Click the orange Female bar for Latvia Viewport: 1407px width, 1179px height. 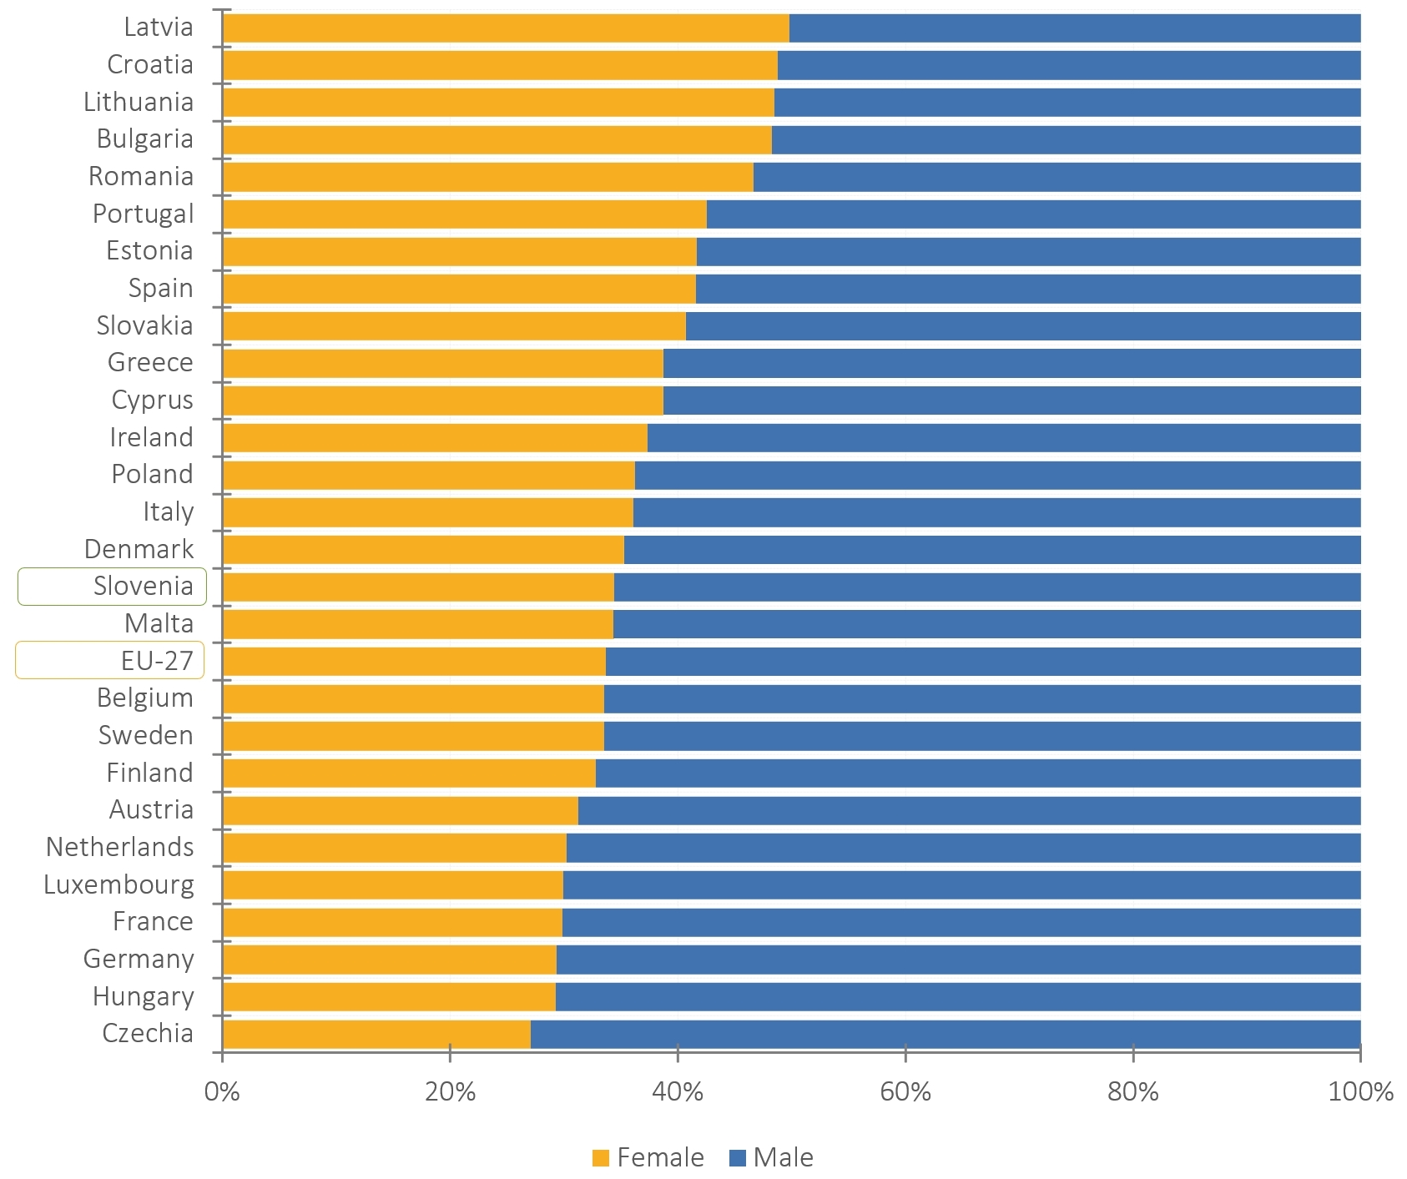(506, 28)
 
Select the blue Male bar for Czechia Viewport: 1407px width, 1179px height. (945, 1035)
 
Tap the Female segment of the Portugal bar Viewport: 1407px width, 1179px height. (464, 214)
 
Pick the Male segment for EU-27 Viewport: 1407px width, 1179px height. (983, 662)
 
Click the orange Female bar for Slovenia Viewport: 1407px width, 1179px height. (418, 587)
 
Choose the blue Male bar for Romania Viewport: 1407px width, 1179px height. (1057, 178)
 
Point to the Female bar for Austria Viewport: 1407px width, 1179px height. (400, 811)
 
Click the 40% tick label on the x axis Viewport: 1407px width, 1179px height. (678, 1091)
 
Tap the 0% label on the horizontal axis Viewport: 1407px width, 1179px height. (222, 1091)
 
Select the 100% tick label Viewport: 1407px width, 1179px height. (1360, 1091)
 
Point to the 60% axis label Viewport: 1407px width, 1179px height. (905, 1091)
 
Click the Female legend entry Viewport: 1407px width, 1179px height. (648, 1157)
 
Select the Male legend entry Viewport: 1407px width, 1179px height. (771, 1157)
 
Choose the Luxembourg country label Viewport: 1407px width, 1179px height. (119, 884)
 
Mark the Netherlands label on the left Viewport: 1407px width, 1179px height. (119, 847)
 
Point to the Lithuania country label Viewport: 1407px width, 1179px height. (139, 102)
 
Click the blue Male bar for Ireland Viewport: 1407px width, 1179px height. (1004, 438)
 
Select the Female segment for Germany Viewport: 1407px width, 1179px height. (389, 960)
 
